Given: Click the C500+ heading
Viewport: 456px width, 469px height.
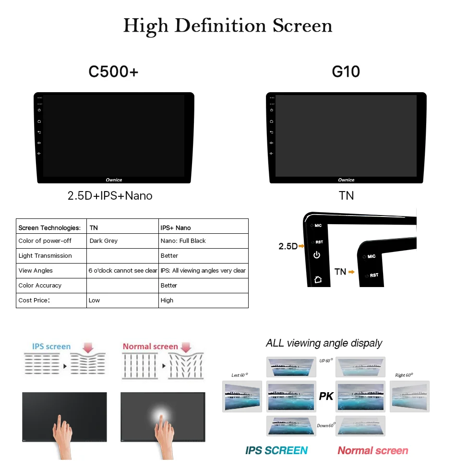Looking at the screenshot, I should (x=113, y=72).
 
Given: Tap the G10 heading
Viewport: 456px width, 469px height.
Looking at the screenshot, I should (x=346, y=72).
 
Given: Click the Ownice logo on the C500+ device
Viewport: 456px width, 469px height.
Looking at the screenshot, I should (x=114, y=180).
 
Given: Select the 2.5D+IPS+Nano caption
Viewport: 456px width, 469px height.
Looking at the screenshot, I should (x=110, y=196).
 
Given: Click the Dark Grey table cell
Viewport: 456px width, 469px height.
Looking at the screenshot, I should (x=103, y=241).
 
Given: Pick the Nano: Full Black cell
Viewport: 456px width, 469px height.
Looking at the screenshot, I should (x=183, y=241).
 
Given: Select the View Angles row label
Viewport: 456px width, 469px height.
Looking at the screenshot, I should (x=36, y=271).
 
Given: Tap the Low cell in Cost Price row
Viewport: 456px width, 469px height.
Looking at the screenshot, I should (x=94, y=301).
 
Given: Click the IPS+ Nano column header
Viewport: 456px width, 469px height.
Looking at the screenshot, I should (x=175, y=228).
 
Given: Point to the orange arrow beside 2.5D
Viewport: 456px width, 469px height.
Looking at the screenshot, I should (x=301, y=246).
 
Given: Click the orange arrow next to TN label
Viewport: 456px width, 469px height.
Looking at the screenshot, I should (x=351, y=272).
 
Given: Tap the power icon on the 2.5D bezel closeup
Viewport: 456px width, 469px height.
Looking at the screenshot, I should (x=317, y=255).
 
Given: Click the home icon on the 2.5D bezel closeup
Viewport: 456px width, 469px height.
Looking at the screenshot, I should (x=317, y=279).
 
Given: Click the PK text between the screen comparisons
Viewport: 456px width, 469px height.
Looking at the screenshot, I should (x=326, y=397).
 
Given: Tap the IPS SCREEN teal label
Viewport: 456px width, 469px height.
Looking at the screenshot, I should (x=276, y=450).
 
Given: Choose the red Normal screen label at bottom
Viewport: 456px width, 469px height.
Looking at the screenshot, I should (x=373, y=450).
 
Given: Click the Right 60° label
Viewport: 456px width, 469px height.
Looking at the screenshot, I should (x=404, y=375).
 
